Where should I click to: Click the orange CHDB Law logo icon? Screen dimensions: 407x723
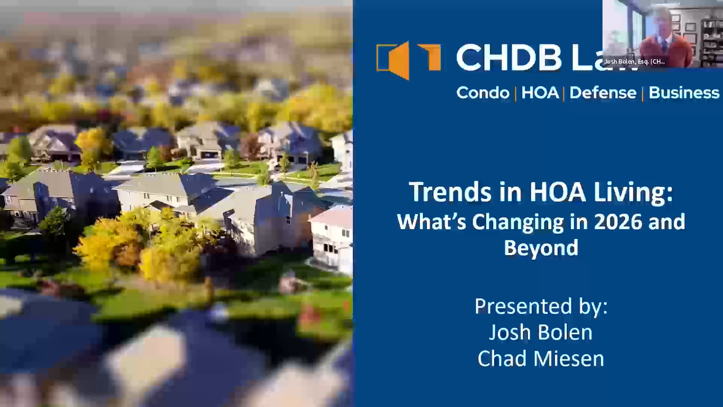click(x=408, y=60)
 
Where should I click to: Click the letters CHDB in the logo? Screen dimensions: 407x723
click(x=509, y=58)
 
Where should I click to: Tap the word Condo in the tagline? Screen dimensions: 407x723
click(x=483, y=93)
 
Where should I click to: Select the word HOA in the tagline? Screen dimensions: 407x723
click(x=540, y=93)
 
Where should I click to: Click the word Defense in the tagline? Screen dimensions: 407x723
click(x=603, y=93)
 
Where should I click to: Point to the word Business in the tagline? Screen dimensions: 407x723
click(x=684, y=93)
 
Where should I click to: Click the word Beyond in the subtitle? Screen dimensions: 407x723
click(x=541, y=248)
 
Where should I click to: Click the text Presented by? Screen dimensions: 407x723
click(x=541, y=306)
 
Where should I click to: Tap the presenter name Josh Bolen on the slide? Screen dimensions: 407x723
click(x=541, y=332)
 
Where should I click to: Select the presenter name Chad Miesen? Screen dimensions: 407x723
click(x=541, y=359)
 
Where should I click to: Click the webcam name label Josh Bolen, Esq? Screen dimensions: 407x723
click(x=635, y=61)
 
